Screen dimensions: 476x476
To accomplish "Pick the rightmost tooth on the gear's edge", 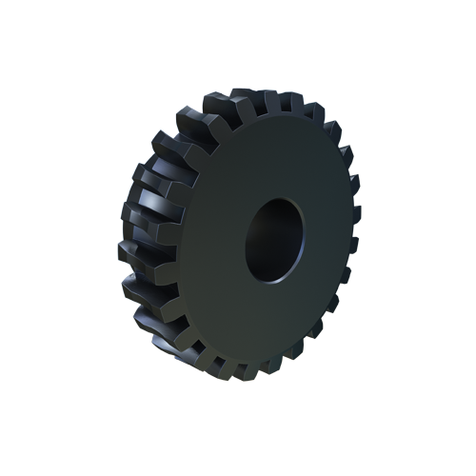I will pos(354,243).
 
